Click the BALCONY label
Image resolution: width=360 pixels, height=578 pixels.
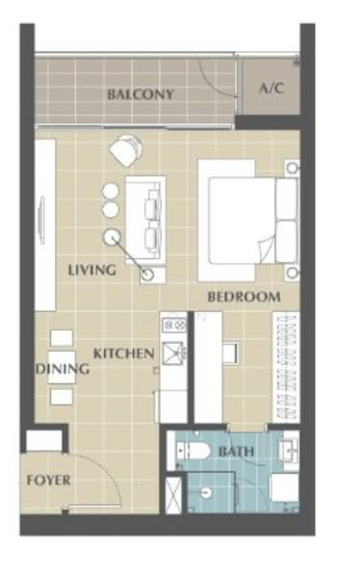(x=141, y=94)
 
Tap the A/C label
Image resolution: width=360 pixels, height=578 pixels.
(x=270, y=88)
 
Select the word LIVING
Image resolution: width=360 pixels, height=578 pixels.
(x=91, y=271)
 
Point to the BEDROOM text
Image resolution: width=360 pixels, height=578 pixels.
(x=244, y=297)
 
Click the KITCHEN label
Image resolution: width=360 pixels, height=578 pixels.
(x=123, y=354)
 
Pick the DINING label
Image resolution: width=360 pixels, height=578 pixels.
(x=63, y=369)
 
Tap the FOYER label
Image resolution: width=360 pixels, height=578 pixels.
(x=47, y=479)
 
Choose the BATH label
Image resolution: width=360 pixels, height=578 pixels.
(x=235, y=451)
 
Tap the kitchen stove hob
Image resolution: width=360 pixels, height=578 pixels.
(x=174, y=326)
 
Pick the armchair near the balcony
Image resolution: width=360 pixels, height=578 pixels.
(x=125, y=151)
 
